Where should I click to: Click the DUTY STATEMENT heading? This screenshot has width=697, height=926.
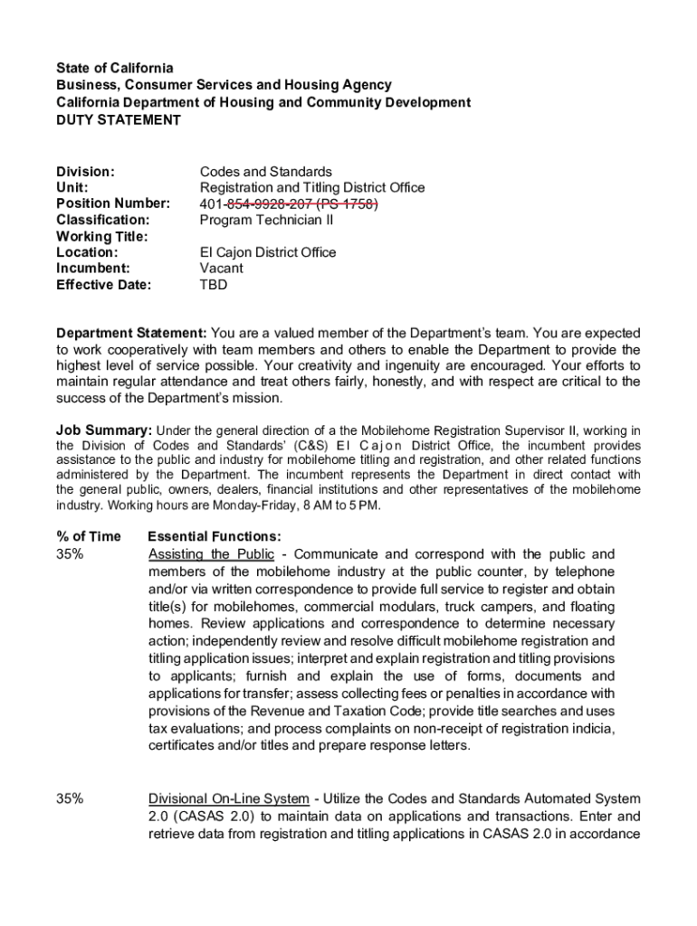click(119, 119)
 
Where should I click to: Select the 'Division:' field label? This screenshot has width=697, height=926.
click(85, 172)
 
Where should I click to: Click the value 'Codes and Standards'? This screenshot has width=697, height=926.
click(266, 172)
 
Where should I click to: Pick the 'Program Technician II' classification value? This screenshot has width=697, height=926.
click(266, 220)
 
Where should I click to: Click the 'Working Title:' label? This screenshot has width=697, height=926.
click(101, 236)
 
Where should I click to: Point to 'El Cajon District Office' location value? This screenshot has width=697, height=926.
click(267, 252)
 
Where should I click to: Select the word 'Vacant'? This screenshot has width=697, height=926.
click(221, 269)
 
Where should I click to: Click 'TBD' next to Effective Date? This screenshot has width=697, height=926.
click(213, 285)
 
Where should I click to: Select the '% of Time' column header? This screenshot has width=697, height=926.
click(88, 537)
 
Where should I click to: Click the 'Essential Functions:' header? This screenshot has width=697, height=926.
click(214, 537)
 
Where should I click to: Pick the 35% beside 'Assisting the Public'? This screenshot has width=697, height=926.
click(71, 554)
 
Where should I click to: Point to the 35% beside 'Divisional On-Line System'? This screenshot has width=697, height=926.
click(71, 799)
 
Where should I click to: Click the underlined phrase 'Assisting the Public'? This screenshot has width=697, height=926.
click(210, 554)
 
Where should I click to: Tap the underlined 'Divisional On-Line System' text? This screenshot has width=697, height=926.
click(229, 799)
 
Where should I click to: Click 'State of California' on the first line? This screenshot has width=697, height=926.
click(114, 69)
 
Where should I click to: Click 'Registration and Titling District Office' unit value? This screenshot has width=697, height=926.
click(311, 188)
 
